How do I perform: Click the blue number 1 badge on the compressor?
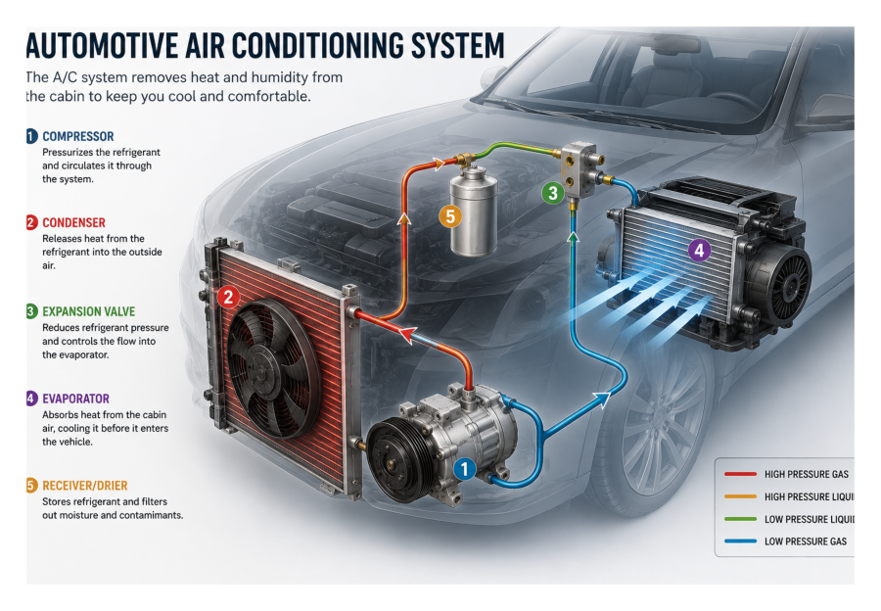464,468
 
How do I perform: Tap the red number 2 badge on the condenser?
228,297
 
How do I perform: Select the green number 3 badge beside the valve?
553,193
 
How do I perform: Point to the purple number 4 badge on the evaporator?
700,250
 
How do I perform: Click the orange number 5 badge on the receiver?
450,215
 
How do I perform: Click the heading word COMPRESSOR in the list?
78,136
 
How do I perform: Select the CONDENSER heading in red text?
73,222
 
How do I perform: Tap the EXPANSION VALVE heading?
89,311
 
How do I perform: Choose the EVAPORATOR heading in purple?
75,399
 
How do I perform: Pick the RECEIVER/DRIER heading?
85,486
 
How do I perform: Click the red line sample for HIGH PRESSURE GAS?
740,474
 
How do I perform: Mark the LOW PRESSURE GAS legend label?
806,541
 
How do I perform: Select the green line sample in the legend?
740,519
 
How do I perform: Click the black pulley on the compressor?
399,460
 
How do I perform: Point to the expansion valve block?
579,169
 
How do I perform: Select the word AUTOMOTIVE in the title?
102,45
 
